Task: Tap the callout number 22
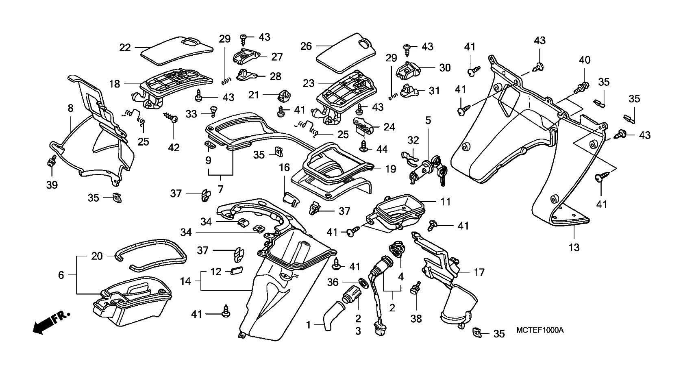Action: coord(125,48)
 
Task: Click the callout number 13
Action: coord(574,247)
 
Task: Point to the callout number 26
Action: coord(306,46)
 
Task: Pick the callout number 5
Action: coord(428,120)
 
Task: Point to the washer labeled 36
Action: coord(361,281)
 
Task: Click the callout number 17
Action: coord(479,272)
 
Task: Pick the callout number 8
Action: coord(70,108)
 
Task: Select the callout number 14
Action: coord(185,281)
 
